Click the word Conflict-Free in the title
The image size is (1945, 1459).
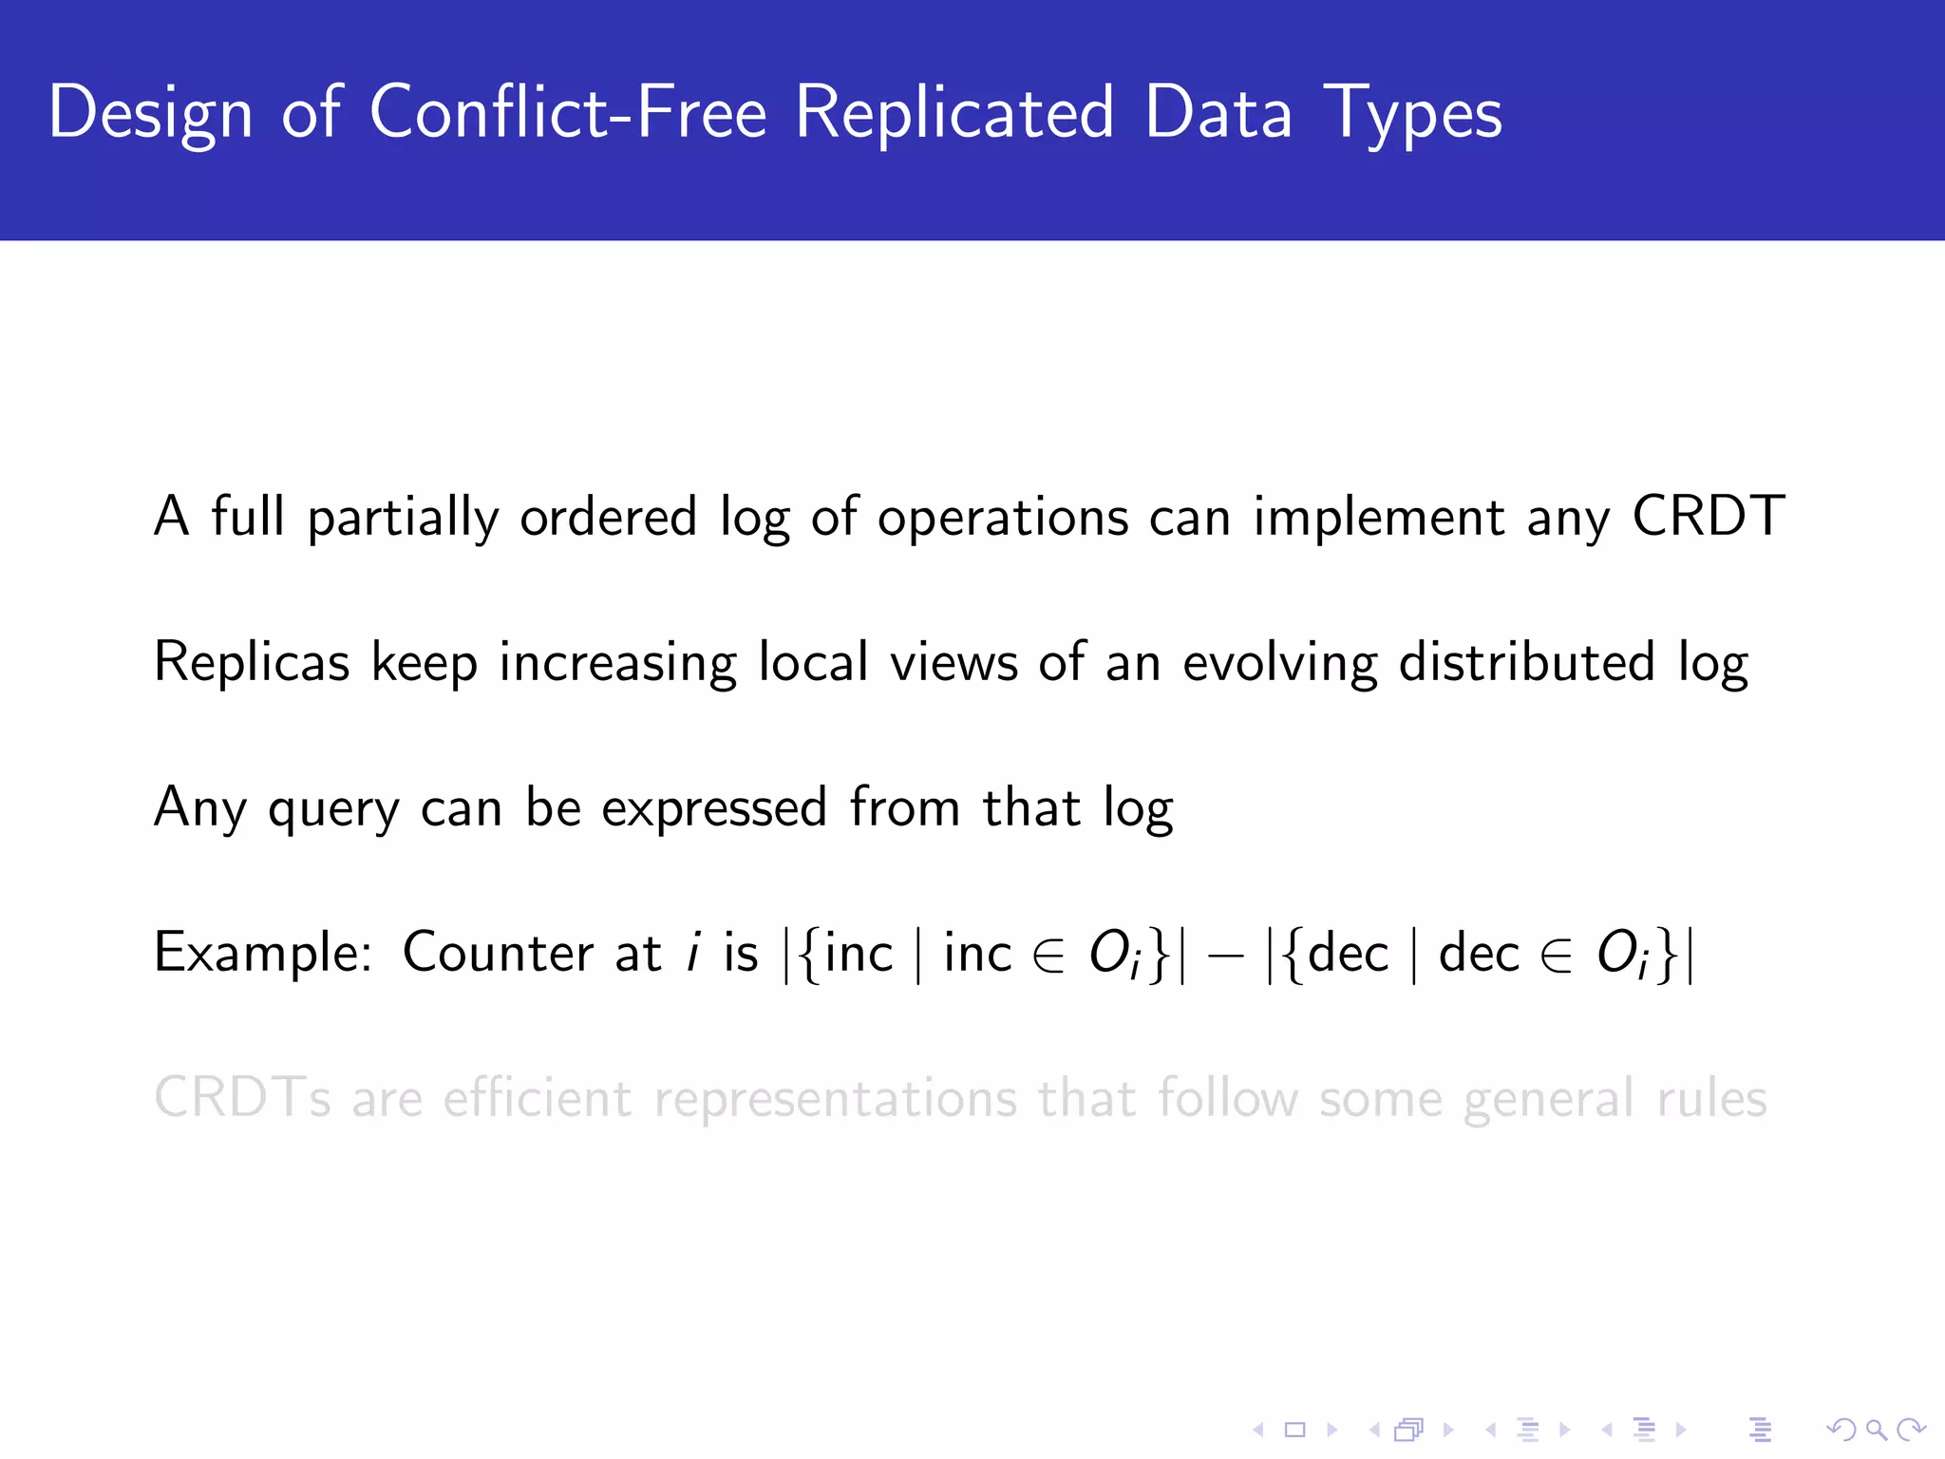click(x=567, y=113)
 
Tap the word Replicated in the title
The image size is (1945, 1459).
click(x=954, y=113)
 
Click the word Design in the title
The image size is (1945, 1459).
click(x=150, y=113)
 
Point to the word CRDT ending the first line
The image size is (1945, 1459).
click(x=1708, y=518)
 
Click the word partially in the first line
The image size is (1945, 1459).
click(x=403, y=518)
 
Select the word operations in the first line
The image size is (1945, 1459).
click(x=1002, y=518)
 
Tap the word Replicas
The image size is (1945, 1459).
click(x=252, y=662)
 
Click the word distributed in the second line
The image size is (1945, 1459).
click(x=1526, y=662)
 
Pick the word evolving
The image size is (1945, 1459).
click(x=1279, y=662)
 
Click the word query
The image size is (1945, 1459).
click(x=333, y=809)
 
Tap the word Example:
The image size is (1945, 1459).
click(x=263, y=953)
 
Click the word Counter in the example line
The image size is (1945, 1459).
click(x=498, y=953)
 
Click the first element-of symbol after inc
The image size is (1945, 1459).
click(x=1048, y=956)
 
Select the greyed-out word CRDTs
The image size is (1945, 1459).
click(x=242, y=1098)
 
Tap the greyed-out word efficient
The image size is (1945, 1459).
click(x=538, y=1098)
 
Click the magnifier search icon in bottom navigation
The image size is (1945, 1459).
click(x=1875, y=1429)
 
